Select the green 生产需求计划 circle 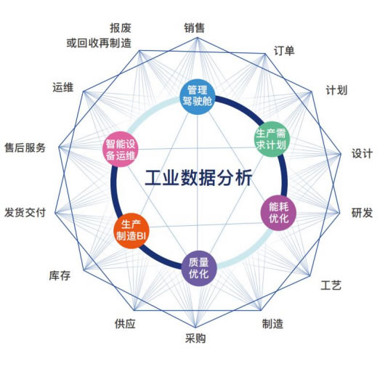[272, 139]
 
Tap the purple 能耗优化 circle [278, 213]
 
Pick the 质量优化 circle [199, 269]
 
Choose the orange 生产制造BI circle [131, 230]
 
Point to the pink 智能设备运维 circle [121, 149]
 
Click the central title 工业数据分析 [198, 177]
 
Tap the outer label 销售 [194, 28]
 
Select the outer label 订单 [284, 51]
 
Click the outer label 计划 [336, 90]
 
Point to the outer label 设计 [363, 153]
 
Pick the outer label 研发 [362, 213]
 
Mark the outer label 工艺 [331, 285]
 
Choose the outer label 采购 [195, 338]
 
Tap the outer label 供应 [125, 324]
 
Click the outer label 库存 [60, 275]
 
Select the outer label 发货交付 [25, 212]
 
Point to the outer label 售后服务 [25, 148]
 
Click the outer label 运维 [63, 88]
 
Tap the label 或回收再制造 [99, 43]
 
